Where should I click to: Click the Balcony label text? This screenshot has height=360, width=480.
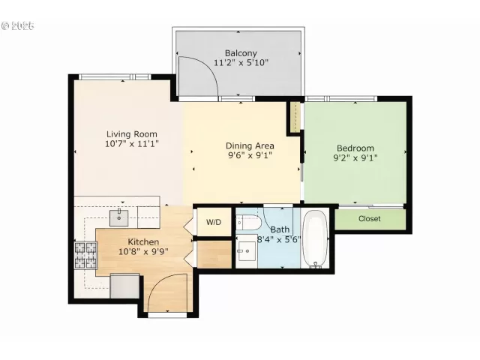coord(241,53)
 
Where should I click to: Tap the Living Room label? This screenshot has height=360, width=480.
coord(131,134)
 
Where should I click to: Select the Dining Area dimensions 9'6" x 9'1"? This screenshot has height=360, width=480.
coord(250,156)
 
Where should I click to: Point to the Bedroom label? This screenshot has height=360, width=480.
coord(354,148)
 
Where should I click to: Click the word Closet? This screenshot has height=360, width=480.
coord(369,219)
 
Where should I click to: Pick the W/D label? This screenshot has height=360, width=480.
coord(214,222)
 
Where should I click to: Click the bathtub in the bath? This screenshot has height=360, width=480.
coord(315,238)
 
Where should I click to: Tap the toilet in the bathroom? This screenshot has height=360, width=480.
coord(248,223)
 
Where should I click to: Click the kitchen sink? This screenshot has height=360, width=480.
coord(118,218)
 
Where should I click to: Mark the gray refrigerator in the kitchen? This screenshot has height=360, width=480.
coord(124,286)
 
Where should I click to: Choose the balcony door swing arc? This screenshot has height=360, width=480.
coord(197,79)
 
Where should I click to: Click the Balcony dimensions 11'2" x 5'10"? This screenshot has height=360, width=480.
coord(241,63)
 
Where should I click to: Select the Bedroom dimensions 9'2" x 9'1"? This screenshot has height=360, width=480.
coord(355,158)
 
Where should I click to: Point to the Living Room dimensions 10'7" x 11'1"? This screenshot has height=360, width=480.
coord(131,143)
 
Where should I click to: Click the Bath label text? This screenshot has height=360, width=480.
coord(280,229)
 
